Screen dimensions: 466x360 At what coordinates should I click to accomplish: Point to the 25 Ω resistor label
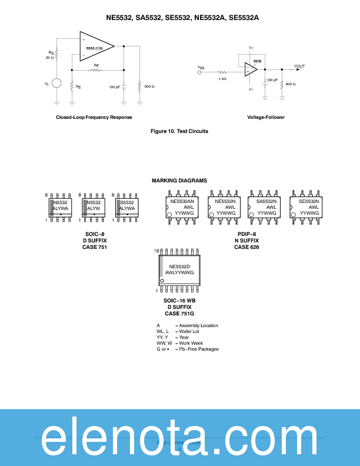49,58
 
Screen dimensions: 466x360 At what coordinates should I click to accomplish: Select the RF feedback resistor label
96,65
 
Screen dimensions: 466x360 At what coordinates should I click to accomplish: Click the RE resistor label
78,86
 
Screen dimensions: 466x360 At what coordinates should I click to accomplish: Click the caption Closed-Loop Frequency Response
94,117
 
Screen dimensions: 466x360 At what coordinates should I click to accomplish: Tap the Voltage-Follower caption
266,117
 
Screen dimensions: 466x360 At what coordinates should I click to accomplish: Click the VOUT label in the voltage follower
299,66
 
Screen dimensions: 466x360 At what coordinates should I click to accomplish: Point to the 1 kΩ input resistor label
223,78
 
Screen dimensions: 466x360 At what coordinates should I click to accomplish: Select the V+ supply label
251,48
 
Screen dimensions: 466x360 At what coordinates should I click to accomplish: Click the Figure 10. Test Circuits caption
179,131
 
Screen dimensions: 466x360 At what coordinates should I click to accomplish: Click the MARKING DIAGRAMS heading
179,181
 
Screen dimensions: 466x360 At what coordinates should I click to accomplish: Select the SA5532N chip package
266,207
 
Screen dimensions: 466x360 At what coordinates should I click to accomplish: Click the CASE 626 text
246,247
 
